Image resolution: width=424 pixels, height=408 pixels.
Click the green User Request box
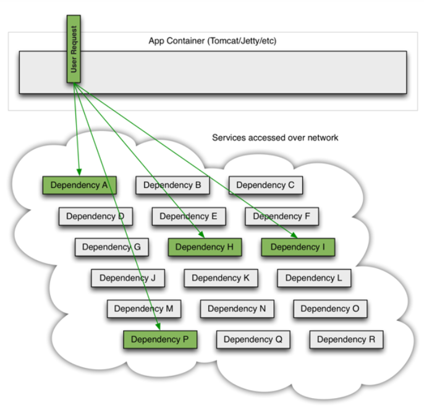[x=74, y=49]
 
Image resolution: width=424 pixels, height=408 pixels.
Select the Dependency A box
[x=80, y=185]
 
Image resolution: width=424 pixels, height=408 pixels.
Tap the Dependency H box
[x=205, y=247]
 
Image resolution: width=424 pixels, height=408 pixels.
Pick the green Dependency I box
[x=298, y=247]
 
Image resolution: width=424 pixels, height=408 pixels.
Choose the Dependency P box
[x=160, y=339]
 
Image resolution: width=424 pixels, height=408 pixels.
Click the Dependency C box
[x=266, y=185]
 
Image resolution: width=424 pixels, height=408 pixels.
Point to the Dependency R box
[x=346, y=339]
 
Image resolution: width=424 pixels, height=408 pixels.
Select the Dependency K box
[x=221, y=278]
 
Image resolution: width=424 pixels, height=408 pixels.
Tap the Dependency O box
[x=331, y=308]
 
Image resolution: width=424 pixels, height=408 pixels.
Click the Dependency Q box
[x=253, y=339]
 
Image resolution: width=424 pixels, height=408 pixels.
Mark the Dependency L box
[x=314, y=278]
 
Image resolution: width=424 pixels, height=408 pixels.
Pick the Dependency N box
[x=237, y=308]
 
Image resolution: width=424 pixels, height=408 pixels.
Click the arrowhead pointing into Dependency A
[x=79, y=172]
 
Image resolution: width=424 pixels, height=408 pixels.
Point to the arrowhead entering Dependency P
[x=158, y=326]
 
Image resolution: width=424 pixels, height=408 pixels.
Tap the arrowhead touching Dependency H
[x=201, y=234]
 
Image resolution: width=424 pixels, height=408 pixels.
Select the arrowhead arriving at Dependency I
[x=294, y=235]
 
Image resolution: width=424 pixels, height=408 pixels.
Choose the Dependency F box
[x=282, y=216]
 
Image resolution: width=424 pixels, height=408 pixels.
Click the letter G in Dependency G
[x=137, y=247]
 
